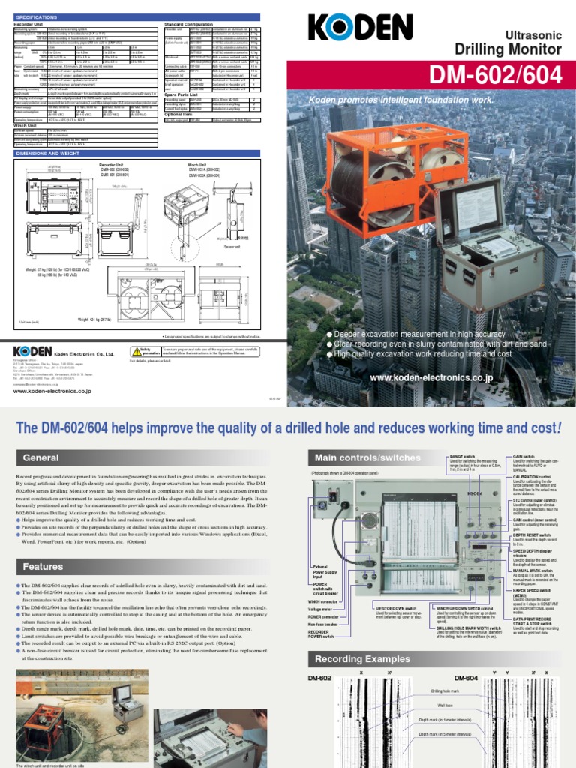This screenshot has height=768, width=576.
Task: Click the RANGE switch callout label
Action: coord(462,455)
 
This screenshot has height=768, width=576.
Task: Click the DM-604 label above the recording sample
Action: coord(466,679)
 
